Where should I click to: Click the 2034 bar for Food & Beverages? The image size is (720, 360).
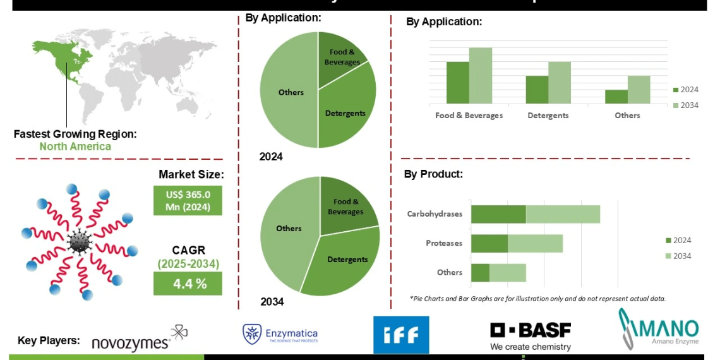pos(480,76)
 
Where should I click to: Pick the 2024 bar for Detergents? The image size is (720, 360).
pos(537,90)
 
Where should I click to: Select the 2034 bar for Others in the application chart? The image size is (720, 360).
pos(639,90)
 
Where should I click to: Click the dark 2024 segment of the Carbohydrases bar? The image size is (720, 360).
pos(498,214)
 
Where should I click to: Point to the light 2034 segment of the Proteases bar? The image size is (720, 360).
pos(535,244)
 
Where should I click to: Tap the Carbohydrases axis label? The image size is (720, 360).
pos(435,214)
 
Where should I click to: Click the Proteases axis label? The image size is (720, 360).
pos(444,243)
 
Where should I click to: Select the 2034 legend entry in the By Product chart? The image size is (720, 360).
pos(678,256)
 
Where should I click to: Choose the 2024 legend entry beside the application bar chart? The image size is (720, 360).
pos(685,90)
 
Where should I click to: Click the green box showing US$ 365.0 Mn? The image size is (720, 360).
pos(188,200)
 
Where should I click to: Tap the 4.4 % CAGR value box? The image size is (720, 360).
pos(188,284)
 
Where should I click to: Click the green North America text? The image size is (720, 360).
pos(75,147)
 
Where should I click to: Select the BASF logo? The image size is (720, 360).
pos(531,335)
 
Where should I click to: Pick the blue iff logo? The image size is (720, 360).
pos(401,335)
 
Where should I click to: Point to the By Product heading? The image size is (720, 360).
pos(433,174)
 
